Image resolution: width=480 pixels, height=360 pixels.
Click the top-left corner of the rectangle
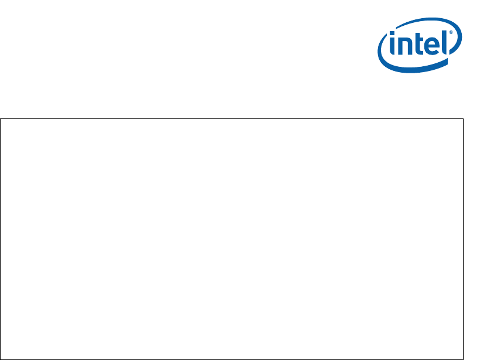coord(1,119)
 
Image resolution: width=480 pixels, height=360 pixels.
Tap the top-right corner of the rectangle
coord(463,119)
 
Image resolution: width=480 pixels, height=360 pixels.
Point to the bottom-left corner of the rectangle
coord(1,358)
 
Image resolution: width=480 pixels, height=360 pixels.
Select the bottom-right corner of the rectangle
coord(463,358)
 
